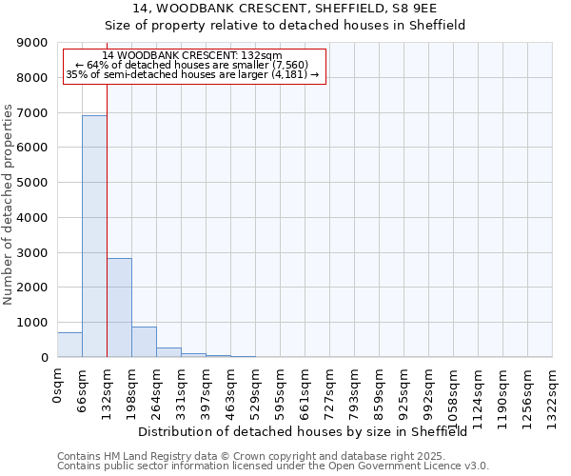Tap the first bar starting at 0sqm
click(69, 345)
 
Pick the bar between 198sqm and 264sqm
click(144, 342)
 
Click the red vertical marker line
click(107, 219)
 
